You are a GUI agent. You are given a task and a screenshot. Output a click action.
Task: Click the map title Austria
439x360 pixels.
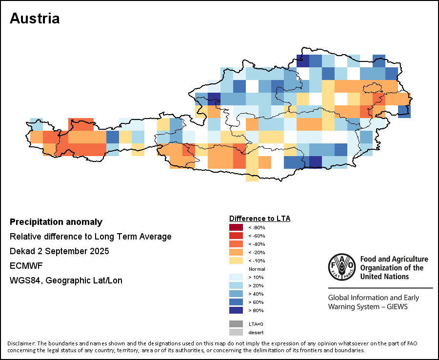[35, 19]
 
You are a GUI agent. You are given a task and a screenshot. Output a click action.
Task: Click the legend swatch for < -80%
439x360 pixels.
[236, 227]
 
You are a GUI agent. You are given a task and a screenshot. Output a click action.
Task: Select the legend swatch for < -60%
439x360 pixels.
[236, 236]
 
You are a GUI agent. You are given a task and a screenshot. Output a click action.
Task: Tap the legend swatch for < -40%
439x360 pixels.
[236, 244]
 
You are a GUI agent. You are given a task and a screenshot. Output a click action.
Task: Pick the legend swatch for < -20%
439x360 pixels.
[236, 252]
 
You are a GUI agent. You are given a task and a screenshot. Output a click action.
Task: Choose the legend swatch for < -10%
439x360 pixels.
[236, 260]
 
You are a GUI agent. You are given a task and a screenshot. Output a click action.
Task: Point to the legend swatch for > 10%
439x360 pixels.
[236, 277]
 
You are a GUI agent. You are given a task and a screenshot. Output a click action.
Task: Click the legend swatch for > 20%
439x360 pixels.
[236, 285]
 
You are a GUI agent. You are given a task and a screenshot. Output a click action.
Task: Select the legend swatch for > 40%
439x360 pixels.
[236, 294]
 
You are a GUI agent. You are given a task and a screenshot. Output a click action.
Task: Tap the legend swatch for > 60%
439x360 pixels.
[236, 302]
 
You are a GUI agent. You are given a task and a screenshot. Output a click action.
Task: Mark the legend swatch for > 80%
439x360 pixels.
[236, 310]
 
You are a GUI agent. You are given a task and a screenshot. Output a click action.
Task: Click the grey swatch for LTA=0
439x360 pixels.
[236, 323]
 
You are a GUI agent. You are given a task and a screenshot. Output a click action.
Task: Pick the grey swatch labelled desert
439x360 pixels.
[236, 332]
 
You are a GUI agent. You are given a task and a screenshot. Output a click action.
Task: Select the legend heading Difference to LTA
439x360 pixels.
[259, 219]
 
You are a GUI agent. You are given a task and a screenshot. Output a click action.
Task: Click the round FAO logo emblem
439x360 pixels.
[341, 267]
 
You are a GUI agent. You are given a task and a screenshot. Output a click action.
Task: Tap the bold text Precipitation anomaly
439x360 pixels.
[56, 222]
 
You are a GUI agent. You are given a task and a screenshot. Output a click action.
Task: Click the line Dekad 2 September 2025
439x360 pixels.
[60, 251]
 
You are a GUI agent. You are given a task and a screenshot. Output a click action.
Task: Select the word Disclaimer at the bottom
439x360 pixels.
[21, 343]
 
